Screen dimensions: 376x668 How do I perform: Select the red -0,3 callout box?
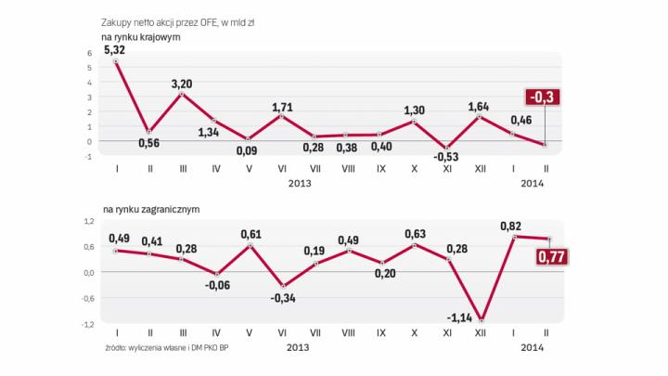coord(541,97)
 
